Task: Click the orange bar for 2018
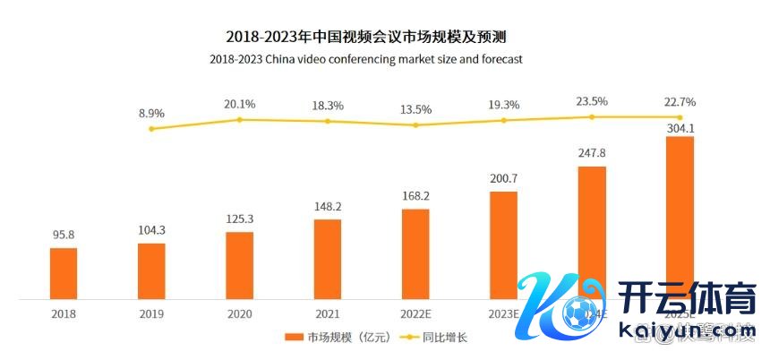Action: [64, 273]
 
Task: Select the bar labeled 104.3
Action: [151, 270]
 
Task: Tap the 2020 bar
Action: [240, 265]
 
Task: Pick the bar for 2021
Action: [328, 259]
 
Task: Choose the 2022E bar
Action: [415, 253]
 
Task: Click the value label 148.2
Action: [328, 208]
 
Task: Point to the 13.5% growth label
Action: [415, 109]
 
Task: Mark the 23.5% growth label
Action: [592, 101]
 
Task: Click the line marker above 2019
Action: [151, 129]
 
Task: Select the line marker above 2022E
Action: [415, 124]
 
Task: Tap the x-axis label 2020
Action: [240, 314]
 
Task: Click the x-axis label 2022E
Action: [415, 314]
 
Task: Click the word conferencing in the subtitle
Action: [363, 59]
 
